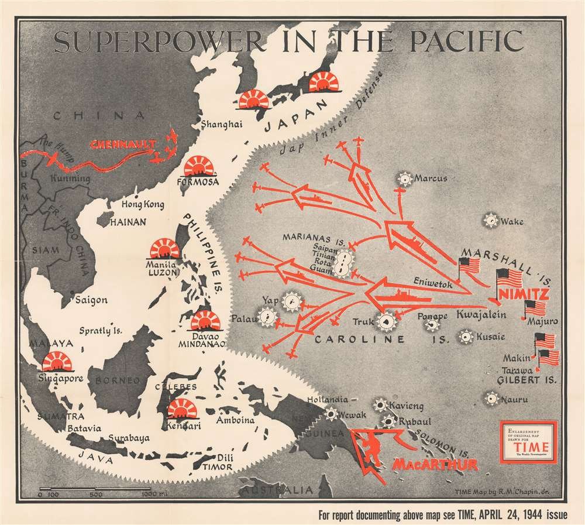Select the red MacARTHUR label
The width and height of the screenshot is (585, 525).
click(435, 465)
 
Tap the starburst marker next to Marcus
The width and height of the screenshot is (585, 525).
click(404, 178)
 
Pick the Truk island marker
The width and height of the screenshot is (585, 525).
click(386, 321)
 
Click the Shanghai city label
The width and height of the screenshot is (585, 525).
click(222, 124)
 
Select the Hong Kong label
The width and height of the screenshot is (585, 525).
click(142, 205)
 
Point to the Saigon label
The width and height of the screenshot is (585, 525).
click(91, 300)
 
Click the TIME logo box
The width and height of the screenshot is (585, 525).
click(526, 440)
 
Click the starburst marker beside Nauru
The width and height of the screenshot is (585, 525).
click(490, 398)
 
